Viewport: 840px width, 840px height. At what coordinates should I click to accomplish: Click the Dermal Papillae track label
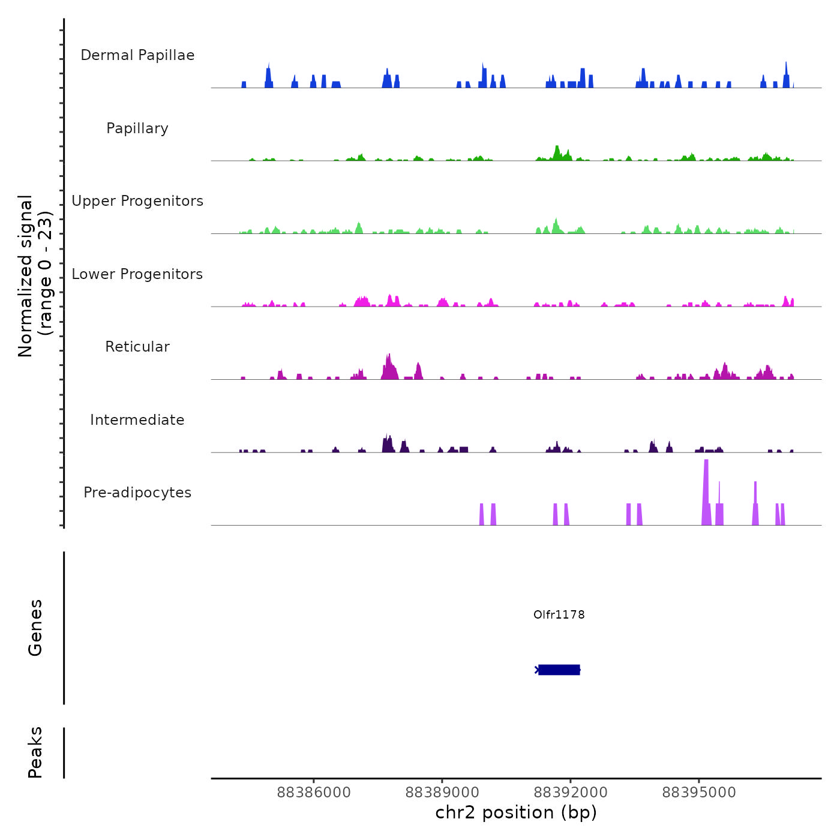[x=137, y=55]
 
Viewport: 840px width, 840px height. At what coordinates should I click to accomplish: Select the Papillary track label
[x=137, y=128]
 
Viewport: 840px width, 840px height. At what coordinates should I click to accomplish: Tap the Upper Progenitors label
[x=137, y=201]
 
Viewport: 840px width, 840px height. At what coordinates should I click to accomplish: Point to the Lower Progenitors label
[x=137, y=274]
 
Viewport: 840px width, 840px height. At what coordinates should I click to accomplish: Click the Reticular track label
[x=137, y=347]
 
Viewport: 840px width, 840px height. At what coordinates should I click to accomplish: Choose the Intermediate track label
[x=137, y=420]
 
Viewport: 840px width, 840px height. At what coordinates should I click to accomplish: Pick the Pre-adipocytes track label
[x=137, y=493]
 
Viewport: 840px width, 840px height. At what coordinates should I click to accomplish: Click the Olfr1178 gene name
[x=559, y=614]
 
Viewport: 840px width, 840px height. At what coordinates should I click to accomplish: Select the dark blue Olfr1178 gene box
[x=559, y=670]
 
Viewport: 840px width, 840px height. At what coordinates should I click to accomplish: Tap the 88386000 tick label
[x=314, y=793]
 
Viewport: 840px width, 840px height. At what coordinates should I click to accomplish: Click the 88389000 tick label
[x=442, y=793]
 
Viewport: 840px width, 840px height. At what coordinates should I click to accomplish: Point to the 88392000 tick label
[x=571, y=793]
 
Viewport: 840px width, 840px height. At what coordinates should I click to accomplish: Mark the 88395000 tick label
[x=699, y=793]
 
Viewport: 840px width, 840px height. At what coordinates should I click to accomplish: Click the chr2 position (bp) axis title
[x=516, y=812]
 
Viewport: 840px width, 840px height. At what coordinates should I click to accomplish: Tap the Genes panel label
[x=35, y=628]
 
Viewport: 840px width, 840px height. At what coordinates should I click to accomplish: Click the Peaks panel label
[x=35, y=752]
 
